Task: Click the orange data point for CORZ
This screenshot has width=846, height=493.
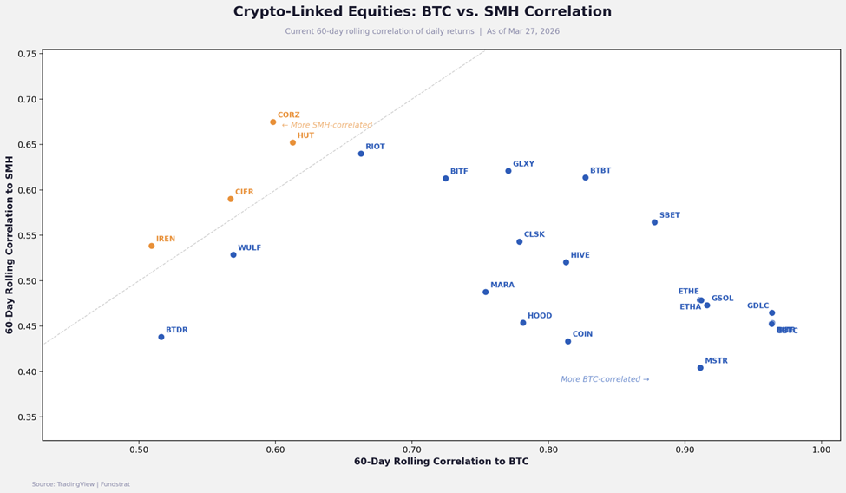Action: (273, 122)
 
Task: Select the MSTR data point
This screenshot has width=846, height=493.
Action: (700, 368)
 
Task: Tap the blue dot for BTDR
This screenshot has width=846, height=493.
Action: (161, 337)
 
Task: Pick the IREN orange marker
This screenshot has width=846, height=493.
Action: (152, 246)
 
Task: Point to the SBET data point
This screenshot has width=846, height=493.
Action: (654, 222)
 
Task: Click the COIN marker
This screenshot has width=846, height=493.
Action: (568, 341)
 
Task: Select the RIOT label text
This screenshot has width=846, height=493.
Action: (375, 148)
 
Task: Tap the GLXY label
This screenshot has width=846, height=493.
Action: (523, 164)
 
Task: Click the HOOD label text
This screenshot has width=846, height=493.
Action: (540, 317)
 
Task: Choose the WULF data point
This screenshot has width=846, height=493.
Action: (233, 254)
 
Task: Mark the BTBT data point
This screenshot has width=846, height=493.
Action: (586, 178)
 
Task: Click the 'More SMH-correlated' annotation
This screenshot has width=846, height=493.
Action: (327, 126)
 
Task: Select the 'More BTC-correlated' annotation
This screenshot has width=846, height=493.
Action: (605, 379)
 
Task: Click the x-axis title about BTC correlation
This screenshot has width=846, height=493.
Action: (441, 463)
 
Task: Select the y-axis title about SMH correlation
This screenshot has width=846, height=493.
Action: (10, 245)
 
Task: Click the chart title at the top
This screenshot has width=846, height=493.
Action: (423, 12)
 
